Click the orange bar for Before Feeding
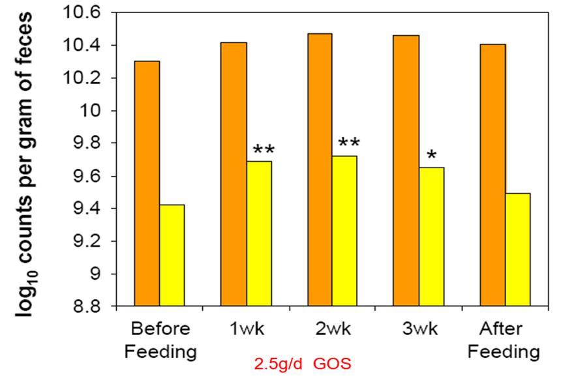[x=147, y=183]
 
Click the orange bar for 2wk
[x=320, y=169]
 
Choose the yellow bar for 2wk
[x=345, y=231]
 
